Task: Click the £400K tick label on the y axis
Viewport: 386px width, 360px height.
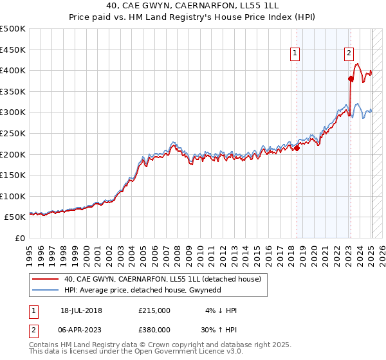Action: point(13,70)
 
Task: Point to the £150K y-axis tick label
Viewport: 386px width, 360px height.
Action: point(13,175)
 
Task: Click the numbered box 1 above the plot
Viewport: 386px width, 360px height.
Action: point(295,54)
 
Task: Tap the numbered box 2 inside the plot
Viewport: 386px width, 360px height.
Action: point(349,54)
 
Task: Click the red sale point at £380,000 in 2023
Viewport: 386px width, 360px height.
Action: point(351,79)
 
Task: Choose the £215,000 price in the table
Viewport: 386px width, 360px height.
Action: point(154,310)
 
